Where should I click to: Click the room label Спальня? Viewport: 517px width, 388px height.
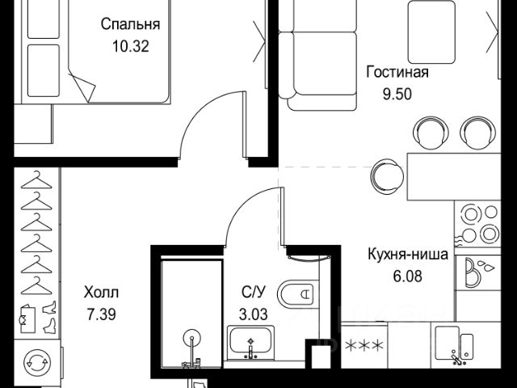pos(130,24)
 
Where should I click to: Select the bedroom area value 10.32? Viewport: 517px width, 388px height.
pos(131,46)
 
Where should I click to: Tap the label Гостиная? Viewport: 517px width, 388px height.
pos(397,72)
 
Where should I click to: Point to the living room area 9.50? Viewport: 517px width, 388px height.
pos(397,94)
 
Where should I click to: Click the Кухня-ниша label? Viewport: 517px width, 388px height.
pos(408,254)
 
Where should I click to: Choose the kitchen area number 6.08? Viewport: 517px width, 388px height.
pos(407,276)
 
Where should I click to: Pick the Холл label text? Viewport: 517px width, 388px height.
pos(101,293)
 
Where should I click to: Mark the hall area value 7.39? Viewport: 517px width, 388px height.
pos(101,314)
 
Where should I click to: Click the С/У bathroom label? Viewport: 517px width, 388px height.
pos(253,292)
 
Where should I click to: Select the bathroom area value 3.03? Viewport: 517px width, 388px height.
pos(253,314)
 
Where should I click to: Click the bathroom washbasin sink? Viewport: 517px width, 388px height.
pos(250,343)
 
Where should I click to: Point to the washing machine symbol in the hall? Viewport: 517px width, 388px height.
pos(37,362)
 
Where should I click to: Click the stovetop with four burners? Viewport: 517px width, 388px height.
pos(477,223)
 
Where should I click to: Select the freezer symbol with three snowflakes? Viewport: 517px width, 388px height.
pos(364,345)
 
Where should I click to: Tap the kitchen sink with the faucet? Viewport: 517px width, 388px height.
pos(455,345)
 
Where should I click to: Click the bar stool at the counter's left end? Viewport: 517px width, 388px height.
pos(387,176)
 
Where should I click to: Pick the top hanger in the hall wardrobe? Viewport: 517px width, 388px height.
pos(36,180)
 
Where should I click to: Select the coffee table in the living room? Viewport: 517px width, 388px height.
pos(431,32)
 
